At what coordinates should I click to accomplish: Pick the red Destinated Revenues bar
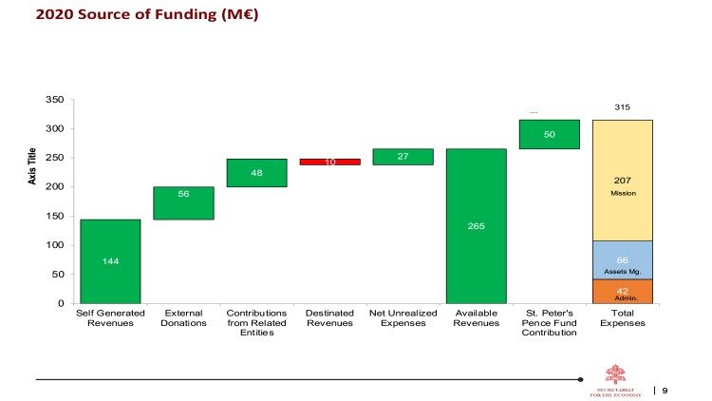coord(329,162)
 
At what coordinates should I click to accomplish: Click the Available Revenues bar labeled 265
coord(476,226)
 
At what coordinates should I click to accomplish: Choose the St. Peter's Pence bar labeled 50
coord(549,134)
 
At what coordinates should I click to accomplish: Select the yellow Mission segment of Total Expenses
coord(622,181)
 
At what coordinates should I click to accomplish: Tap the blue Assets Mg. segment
coord(622,259)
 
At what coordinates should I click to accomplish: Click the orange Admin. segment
coord(622,291)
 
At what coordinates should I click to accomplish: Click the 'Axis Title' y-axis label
coord(33,165)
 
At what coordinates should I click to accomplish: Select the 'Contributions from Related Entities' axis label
coord(256,322)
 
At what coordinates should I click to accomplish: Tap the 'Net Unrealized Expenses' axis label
coord(403,317)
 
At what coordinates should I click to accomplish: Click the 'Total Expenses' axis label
coord(622,317)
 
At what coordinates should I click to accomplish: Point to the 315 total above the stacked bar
coord(622,107)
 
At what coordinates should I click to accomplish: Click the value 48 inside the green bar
coord(256,173)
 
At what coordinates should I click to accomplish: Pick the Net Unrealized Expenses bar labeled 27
coord(403,156)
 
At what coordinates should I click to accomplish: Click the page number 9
coord(665,390)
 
